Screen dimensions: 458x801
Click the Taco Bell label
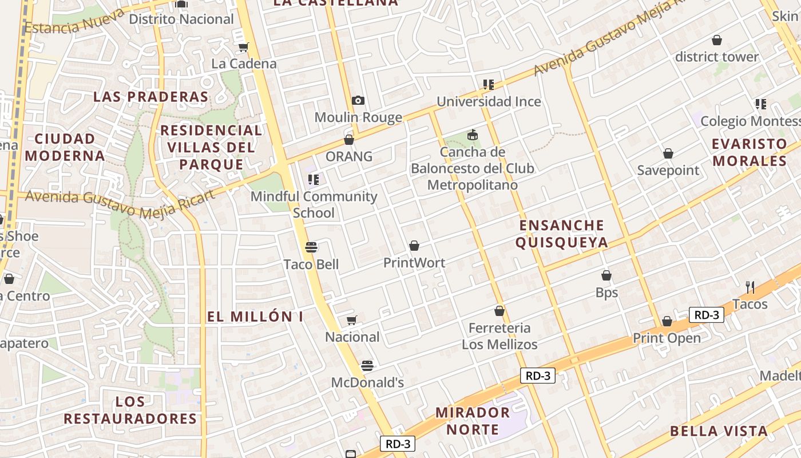(311, 264)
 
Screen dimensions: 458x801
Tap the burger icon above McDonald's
(367, 365)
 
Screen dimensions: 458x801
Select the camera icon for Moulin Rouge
(358, 101)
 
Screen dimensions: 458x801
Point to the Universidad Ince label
(489, 102)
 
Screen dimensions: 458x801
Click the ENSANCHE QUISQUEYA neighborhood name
(561, 234)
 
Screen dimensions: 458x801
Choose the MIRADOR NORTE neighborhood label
(472, 421)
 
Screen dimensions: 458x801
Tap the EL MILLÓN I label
(255, 317)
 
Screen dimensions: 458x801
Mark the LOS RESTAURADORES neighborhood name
(130, 410)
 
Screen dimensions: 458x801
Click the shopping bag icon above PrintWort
(414, 246)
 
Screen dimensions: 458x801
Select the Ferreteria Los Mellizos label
(499, 336)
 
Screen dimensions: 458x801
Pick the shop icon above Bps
(606, 276)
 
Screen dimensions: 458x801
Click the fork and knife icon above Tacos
(750, 287)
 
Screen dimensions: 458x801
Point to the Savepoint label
(668, 171)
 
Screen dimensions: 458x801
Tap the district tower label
(716, 57)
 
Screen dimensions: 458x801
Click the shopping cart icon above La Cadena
(244, 47)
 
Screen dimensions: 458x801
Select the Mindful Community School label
(314, 204)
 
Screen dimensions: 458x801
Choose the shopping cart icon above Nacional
(352, 320)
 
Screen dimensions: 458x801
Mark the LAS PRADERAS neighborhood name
(151, 97)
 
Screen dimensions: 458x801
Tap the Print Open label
(667, 338)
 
